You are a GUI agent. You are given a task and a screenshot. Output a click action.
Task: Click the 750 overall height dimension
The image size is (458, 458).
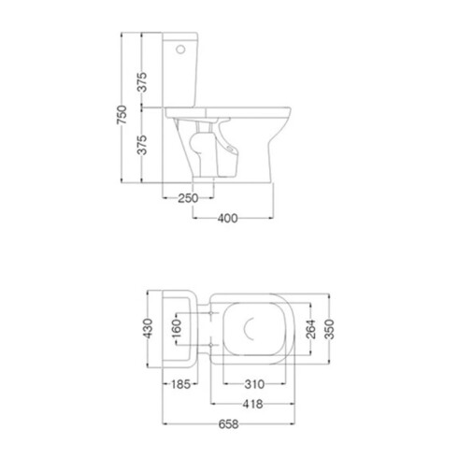click(x=122, y=114)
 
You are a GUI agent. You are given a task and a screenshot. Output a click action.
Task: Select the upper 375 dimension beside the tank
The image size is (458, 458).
click(x=142, y=82)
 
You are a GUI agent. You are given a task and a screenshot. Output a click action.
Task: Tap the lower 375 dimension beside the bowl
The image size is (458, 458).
click(x=142, y=145)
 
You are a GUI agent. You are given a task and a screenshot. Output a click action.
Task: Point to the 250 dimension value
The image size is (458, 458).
click(x=188, y=198)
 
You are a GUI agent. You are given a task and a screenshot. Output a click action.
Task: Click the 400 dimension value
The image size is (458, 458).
click(x=227, y=219)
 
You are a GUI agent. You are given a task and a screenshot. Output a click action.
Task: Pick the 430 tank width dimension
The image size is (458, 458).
click(x=148, y=328)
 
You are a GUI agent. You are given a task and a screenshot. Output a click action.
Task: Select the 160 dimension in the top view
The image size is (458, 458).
click(x=177, y=328)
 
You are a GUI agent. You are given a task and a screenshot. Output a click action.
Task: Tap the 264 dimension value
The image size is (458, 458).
click(x=310, y=329)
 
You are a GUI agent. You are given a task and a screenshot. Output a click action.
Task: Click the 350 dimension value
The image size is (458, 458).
click(x=329, y=329)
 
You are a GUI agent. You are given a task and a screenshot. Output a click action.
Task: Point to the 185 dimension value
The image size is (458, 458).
click(x=180, y=384)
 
